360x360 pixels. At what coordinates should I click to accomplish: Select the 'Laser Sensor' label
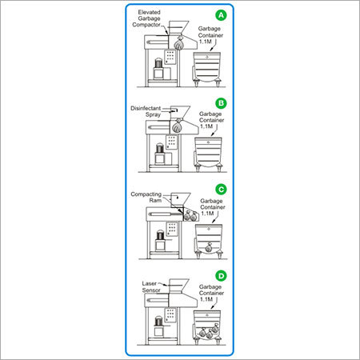coord(151,286)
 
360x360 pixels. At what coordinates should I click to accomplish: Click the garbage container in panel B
coord(210,152)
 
